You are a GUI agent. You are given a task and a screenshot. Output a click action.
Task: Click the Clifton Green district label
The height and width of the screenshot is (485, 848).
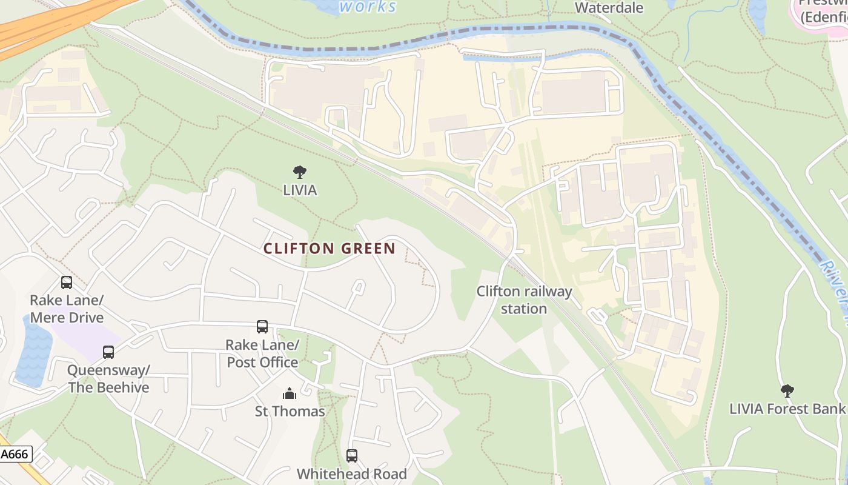point(330,249)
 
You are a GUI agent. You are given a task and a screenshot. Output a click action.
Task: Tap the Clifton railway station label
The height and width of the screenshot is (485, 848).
point(524,300)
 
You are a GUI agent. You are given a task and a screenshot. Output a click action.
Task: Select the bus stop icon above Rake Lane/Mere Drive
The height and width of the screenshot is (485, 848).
point(67,283)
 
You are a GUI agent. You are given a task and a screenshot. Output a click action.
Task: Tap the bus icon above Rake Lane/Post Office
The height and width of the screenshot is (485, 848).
point(262,327)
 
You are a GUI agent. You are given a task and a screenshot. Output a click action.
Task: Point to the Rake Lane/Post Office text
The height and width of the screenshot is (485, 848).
point(262,353)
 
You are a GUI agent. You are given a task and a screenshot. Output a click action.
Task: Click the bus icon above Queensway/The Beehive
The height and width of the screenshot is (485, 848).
point(108,352)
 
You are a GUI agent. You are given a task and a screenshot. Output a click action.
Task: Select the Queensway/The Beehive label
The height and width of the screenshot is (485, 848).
point(108,379)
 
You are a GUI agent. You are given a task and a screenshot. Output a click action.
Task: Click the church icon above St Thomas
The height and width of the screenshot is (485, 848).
point(290,394)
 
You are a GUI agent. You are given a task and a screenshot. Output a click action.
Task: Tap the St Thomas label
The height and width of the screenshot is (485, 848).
point(290,412)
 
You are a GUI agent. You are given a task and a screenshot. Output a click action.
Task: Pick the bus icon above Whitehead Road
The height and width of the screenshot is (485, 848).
point(352,456)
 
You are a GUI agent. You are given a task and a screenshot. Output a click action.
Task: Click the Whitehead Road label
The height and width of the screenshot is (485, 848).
point(352,474)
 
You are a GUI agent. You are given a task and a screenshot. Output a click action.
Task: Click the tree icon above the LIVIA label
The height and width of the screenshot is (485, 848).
point(300,172)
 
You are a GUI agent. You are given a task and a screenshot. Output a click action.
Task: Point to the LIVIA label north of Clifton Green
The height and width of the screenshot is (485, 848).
point(300,190)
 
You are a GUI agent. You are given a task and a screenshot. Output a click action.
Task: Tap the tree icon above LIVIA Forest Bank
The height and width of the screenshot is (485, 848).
point(787,391)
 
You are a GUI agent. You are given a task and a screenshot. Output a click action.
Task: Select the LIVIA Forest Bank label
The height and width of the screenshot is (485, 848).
point(787,409)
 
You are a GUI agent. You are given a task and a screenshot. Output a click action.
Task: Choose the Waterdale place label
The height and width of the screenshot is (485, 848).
point(609,8)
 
